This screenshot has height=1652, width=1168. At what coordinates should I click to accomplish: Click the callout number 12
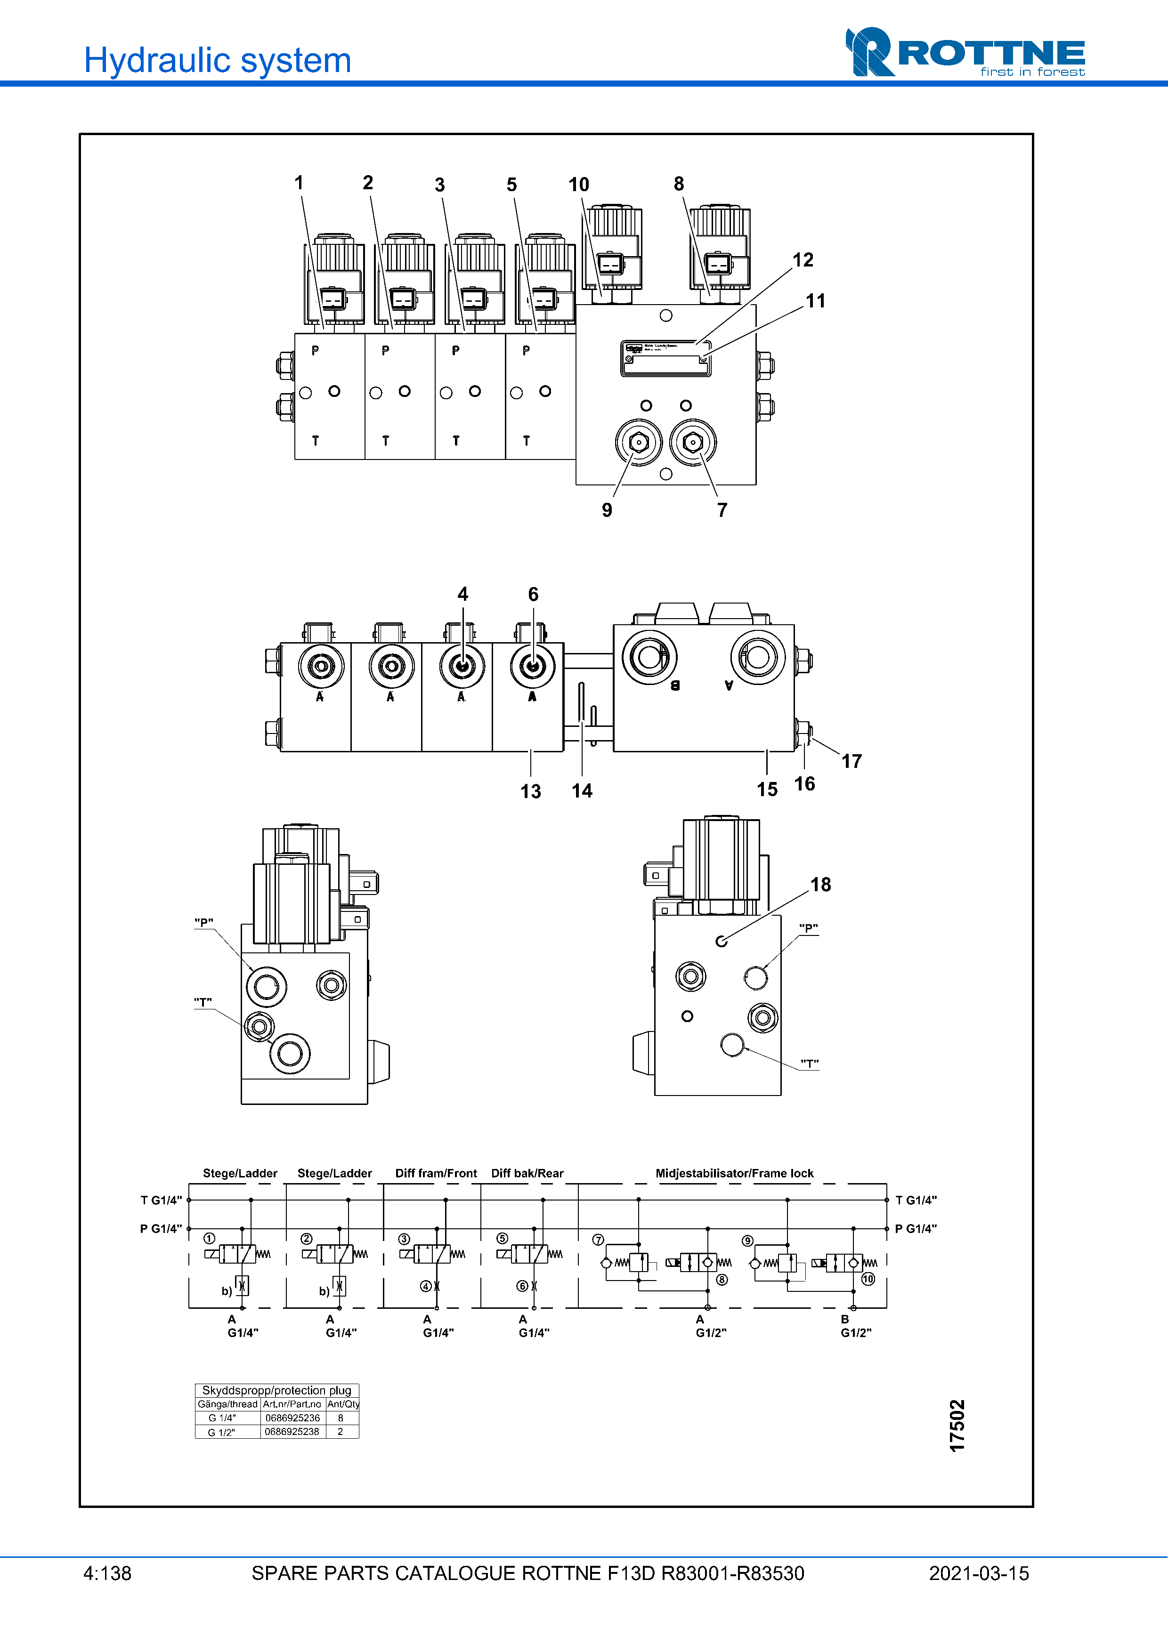coord(803,260)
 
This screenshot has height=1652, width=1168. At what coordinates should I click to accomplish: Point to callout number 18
coord(820,884)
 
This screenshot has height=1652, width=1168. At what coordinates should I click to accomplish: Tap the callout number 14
coord(582,791)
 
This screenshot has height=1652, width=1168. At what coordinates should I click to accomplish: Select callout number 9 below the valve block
coord(607,510)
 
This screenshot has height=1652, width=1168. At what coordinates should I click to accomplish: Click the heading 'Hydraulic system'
coord(217,60)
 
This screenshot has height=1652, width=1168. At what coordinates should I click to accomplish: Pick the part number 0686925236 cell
coord(292,1418)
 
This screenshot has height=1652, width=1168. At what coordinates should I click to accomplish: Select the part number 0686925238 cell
coord(292,1432)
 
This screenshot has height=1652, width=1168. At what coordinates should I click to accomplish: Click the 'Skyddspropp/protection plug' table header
coord(276,1390)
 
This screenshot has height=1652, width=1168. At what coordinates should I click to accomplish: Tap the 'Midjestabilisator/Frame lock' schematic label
coord(734,1173)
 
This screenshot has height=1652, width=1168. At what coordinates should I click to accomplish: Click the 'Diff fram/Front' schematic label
coord(435,1173)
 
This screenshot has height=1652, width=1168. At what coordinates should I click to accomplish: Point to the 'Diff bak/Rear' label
coord(527,1173)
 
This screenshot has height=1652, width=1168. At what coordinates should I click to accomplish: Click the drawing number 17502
coord(957,1426)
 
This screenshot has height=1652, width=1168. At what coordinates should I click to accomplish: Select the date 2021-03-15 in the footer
coord(978,1573)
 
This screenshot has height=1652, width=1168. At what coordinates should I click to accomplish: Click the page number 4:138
coord(107,1573)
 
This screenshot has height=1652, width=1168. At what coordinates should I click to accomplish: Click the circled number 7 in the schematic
coord(598,1240)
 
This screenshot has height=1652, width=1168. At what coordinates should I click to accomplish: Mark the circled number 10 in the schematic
coord(868,1279)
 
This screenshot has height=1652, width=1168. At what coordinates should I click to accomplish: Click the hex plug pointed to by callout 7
coord(692,442)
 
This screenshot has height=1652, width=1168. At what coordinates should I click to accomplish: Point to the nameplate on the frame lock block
coord(665,358)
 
